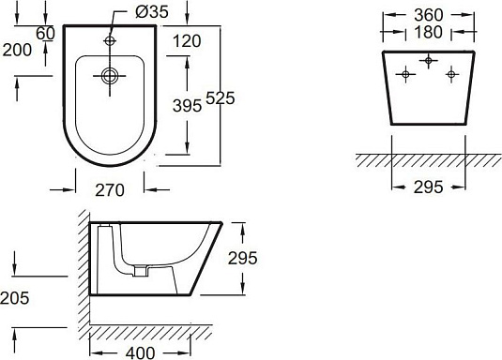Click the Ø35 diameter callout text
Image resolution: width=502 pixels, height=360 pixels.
151,12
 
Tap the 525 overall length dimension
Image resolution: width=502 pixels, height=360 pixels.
221,97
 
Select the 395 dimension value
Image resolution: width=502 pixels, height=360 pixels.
187,106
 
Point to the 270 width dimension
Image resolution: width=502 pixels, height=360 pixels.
110,190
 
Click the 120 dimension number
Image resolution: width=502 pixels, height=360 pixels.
187,41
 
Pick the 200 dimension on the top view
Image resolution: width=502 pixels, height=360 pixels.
17,50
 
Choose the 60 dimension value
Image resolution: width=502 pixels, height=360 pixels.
45,33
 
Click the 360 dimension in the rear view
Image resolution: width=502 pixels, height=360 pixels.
429,15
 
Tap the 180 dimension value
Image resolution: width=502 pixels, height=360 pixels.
429,32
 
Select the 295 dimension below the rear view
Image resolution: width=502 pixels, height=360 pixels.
429,187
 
